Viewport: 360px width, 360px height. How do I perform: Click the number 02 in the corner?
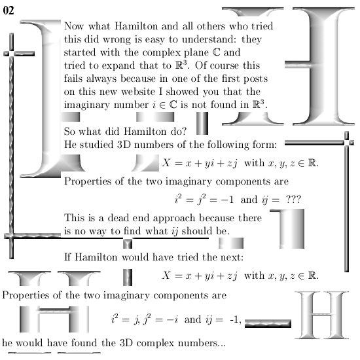coord(9,10)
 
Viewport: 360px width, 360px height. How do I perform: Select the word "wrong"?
coord(117,40)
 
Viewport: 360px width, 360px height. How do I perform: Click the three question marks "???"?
coord(293,199)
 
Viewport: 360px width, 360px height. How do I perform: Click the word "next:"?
coord(232,257)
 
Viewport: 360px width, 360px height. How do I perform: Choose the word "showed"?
coord(182,92)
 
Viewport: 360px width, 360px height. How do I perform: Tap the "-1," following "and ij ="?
coord(236,319)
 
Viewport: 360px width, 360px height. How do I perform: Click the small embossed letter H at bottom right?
coord(321,315)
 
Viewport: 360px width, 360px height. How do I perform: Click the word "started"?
coord(80,52)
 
